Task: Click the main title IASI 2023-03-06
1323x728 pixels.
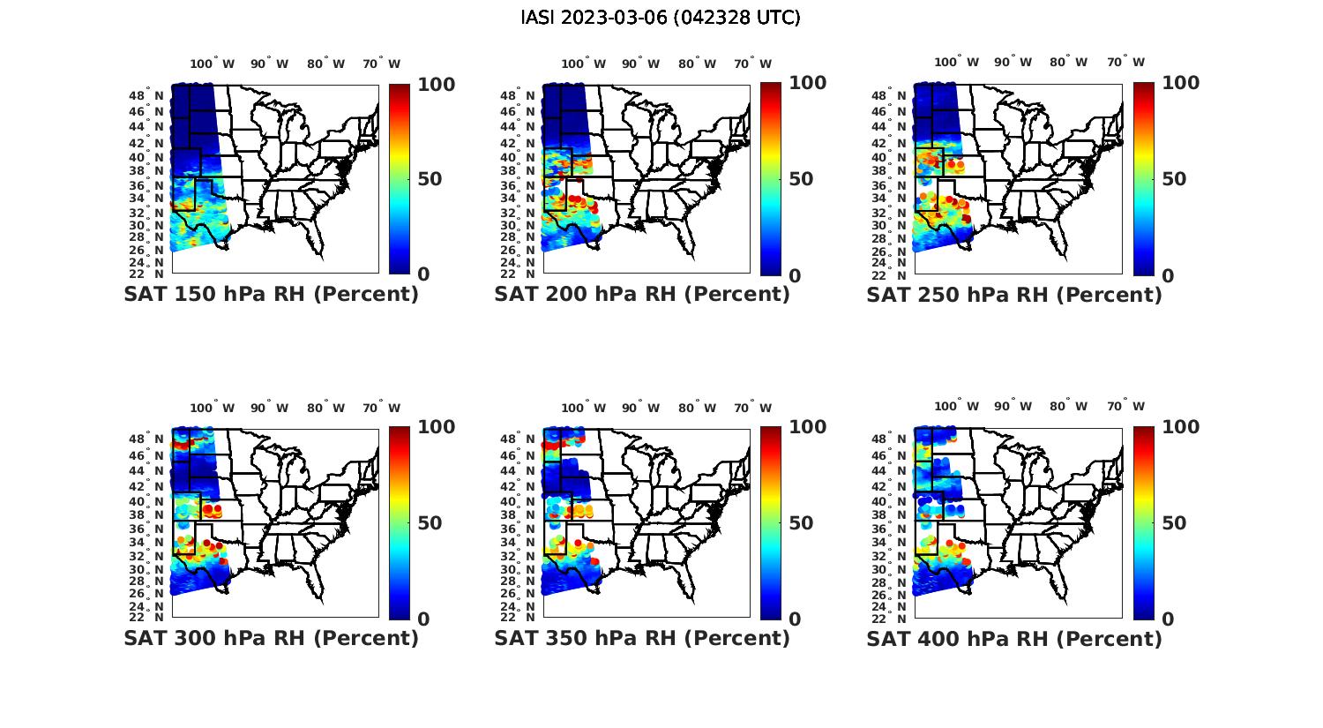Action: tap(661, 18)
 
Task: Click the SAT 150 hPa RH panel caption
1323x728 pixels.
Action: tap(271, 295)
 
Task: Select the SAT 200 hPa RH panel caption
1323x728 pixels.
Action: tap(642, 295)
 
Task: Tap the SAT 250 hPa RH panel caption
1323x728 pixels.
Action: tap(1014, 295)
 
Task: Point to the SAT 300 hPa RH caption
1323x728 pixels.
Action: tap(271, 638)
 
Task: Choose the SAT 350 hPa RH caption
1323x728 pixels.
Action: tap(642, 638)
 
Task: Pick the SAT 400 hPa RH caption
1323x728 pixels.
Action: tap(1014, 638)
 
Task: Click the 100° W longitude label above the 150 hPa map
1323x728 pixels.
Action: tap(213, 64)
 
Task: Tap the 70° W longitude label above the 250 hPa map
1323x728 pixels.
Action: tap(1126, 62)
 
